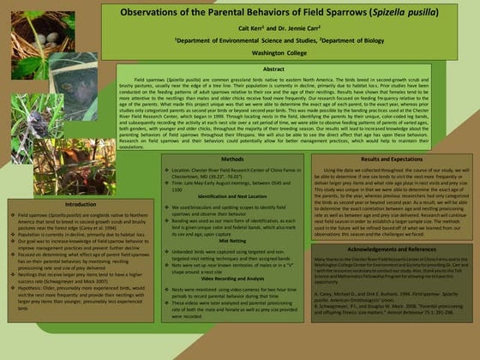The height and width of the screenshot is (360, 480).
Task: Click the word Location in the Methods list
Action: (x=181, y=171)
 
